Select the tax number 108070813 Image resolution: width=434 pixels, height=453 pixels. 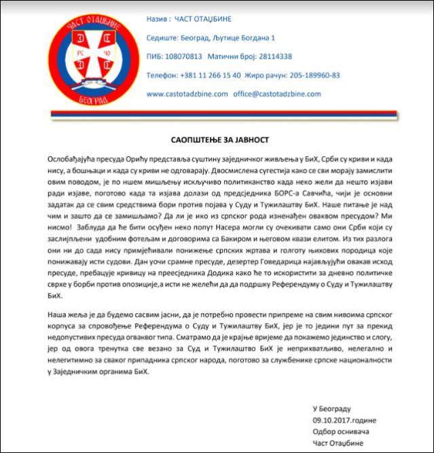point(185,57)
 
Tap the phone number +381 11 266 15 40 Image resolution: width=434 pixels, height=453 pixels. point(202,75)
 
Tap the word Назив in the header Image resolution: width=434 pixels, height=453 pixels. point(158,19)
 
